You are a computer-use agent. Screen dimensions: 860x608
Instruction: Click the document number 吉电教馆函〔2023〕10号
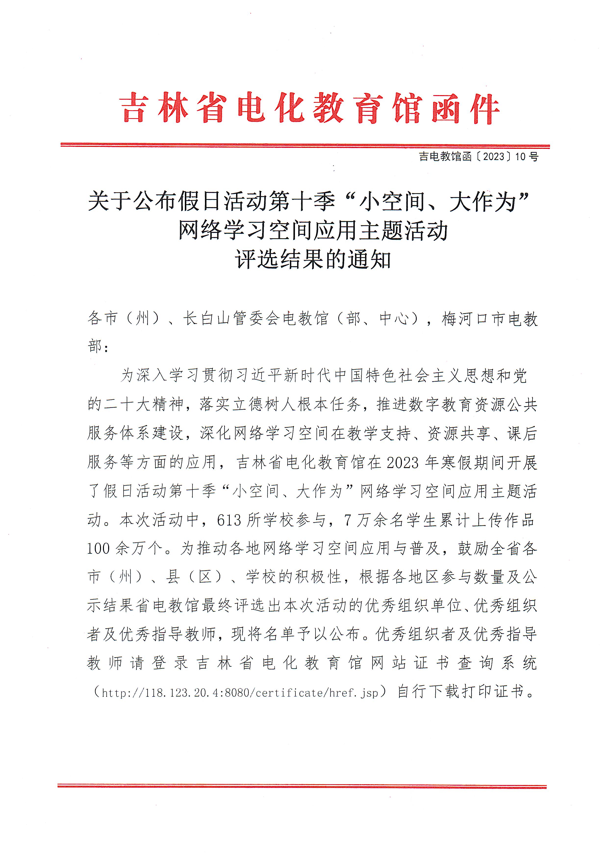[x=478, y=157]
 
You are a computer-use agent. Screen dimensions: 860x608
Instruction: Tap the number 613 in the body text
[x=229, y=520]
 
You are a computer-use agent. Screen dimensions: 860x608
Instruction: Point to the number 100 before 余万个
[x=99, y=549]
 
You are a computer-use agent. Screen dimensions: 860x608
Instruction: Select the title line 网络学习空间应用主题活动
[x=313, y=230]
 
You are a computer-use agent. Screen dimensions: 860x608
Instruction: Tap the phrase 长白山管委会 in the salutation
[x=231, y=319]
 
